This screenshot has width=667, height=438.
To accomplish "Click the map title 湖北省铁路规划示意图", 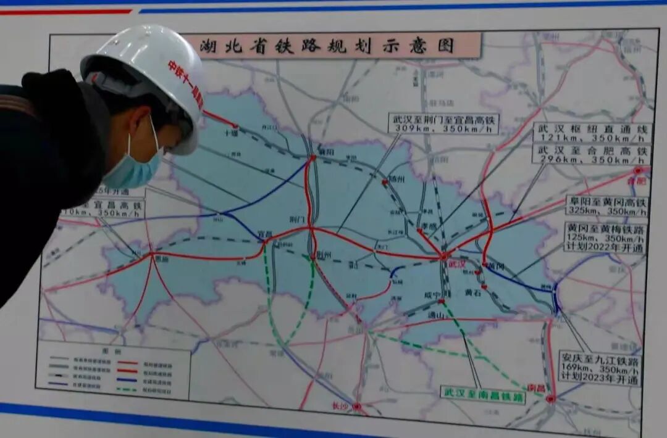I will point(327,46).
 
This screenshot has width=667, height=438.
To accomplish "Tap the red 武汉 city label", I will point(457,263).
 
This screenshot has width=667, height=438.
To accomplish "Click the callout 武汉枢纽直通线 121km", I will point(592,133).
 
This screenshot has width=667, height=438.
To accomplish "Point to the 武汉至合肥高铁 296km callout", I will point(592,154).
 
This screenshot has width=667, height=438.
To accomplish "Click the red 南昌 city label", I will point(536,387).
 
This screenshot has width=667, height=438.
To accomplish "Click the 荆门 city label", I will point(297,219).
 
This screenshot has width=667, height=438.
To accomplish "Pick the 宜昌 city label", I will point(265,234).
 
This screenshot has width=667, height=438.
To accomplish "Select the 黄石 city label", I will point(473,292).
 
